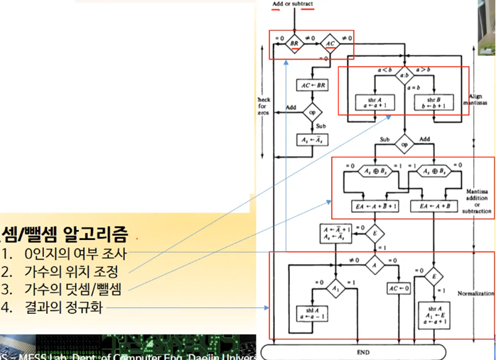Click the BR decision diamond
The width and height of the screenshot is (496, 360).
pyautogui.click(x=294, y=44)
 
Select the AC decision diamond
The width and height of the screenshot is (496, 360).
pyautogui.click(x=329, y=44)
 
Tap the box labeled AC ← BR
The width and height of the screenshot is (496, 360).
pyautogui.click(x=313, y=85)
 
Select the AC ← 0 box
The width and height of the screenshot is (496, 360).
pyautogui.click(x=398, y=288)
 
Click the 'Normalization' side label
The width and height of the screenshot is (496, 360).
pyautogui.click(x=475, y=293)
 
